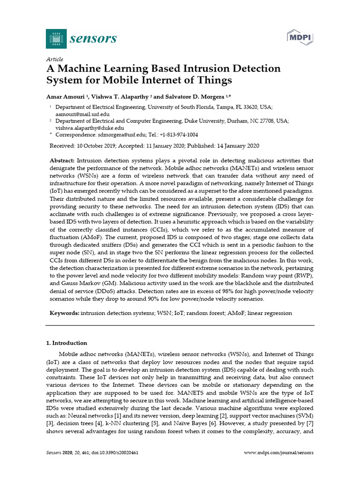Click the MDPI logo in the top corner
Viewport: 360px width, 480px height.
coord(300,37)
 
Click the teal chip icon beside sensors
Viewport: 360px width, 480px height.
coord(56,38)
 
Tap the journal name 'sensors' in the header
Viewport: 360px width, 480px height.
coord(93,38)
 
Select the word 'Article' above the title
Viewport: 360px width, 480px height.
coord(54,59)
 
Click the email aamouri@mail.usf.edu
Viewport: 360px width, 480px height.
coord(82,114)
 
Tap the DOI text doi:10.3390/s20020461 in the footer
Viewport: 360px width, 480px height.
coord(112,453)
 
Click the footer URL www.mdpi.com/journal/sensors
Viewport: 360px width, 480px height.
coord(279,453)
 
